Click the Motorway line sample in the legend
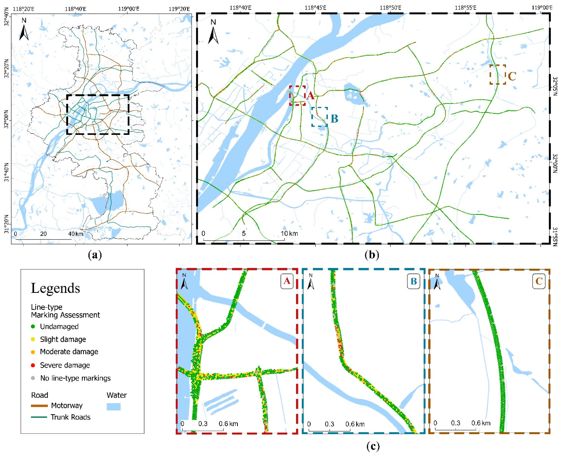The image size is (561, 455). [x=39, y=406]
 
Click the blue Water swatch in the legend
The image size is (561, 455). [x=113, y=406]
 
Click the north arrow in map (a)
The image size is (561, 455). [x=24, y=30]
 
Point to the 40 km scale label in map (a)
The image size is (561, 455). [x=76, y=234]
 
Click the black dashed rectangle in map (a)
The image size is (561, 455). [x=98, y=95]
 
